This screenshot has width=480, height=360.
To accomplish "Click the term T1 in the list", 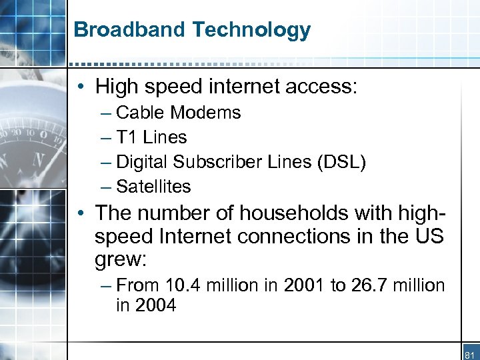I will (x=127, y=137).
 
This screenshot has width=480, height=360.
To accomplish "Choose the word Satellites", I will (x=153, y=187).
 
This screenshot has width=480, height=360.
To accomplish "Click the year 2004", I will (x=155, y=306).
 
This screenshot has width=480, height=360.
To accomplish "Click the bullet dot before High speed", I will (x=80, y=87).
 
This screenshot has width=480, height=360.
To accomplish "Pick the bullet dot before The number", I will (x=80, y=214).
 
